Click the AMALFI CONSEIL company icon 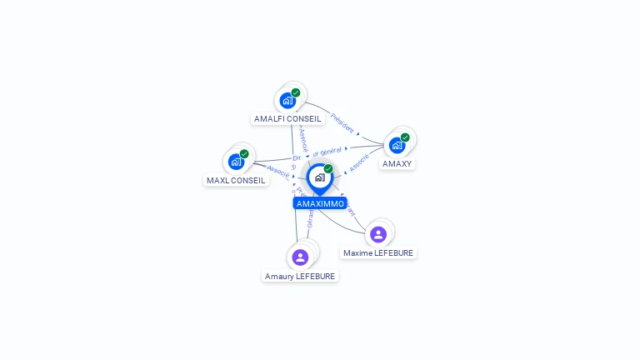pos(288,101)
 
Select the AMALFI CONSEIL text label pos(287,118)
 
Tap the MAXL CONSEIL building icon pos(237,162)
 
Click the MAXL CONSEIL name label pos(236,180)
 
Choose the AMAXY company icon pos(397,145)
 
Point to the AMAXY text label pos(397,163)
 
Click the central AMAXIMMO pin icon pos(319,177)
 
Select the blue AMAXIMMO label pos(320,203)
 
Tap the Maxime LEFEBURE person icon pos(378,234)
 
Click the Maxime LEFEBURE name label pos(378,252)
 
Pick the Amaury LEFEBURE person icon pos(301,257)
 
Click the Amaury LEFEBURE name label pos(300,276)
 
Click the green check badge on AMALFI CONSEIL pos(296,92)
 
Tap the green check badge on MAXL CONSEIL pos(244,153)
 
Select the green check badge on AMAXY pos(405,137)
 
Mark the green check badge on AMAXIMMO pos(328,168)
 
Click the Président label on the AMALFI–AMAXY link pos(342,123)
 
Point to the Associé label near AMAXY pos(359,163)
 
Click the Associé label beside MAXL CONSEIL pos(278,171)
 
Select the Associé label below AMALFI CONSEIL pos(303,139)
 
